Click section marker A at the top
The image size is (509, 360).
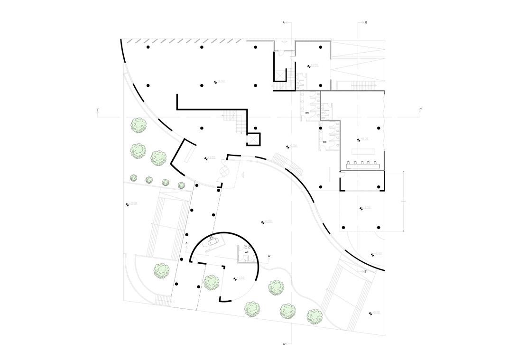284,22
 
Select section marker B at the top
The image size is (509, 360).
365,22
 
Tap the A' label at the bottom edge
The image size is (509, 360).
284,343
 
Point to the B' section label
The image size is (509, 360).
365,271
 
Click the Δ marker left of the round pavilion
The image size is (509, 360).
186,243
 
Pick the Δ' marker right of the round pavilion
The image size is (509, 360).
269,256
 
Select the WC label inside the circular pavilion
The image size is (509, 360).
246,252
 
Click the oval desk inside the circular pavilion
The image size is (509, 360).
213,241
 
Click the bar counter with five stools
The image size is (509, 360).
364,166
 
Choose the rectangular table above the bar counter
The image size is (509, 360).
363,151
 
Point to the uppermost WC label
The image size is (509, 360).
307,112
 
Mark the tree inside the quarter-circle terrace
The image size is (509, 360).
162,270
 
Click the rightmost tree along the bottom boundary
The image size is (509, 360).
314,316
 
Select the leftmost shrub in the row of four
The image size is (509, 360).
134,177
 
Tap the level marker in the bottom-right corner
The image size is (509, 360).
376,313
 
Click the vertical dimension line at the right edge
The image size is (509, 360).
403,201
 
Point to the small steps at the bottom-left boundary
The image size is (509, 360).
163,301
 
